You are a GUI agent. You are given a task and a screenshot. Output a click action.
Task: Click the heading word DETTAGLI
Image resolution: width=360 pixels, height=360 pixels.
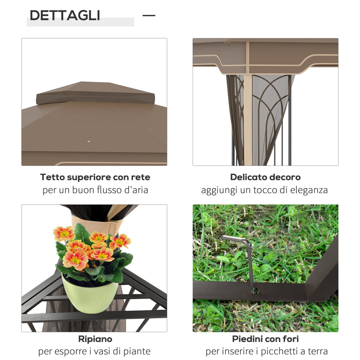(65, 15)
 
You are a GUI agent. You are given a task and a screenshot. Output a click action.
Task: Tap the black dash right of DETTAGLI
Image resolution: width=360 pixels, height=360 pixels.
(149, 15)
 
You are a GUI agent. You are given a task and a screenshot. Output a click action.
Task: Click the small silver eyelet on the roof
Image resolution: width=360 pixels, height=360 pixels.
(89, 142)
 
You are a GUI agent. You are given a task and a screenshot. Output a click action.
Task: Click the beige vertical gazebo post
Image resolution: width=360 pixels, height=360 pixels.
(248, 120)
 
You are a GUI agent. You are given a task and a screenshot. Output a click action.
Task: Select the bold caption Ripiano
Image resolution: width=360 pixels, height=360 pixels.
(95, 339)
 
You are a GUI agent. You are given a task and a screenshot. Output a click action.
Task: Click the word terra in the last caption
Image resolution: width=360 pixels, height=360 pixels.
(317, 351)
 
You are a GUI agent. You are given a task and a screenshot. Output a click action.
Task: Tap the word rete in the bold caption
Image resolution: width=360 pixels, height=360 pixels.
(141, 177)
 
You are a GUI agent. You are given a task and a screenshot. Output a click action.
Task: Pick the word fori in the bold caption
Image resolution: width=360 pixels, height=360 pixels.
(290, 339)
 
